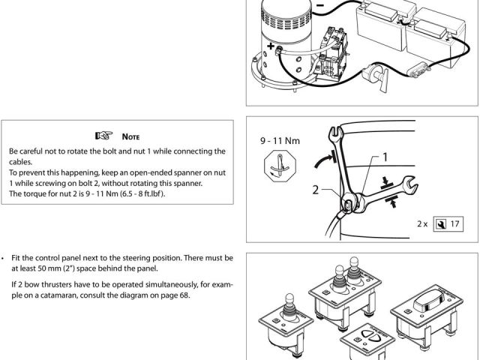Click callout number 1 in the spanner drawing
pyautogui.click(x=385, y=157)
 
